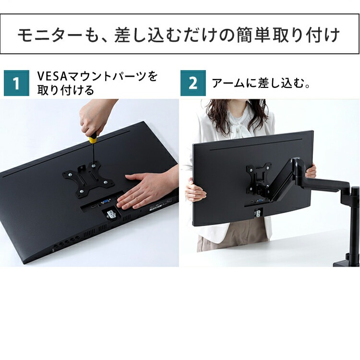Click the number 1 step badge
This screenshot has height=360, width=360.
click(16, 83)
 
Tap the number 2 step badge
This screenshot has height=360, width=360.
click(193, 83)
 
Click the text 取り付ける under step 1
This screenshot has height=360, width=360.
click(66, 90)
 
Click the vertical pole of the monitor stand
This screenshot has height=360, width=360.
click(354, 226)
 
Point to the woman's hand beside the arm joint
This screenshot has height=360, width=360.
click(311, 170)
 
